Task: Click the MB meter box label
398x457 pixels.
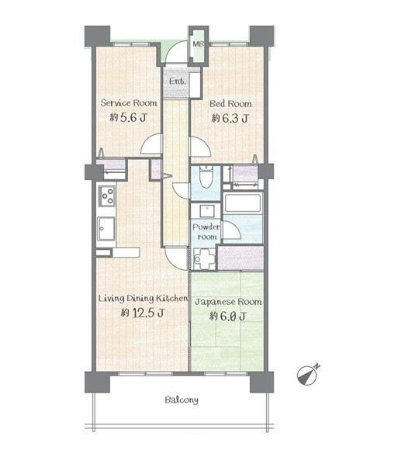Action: click(x=199, y=44)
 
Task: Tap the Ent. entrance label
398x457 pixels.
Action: click(x=178, y=81)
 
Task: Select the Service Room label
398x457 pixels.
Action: click(x=129, y=103)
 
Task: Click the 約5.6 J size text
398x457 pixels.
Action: click(x=128, y=117)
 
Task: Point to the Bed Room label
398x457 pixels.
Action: click(x=230, y=104)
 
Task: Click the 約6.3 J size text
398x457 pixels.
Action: click(x=230, y=119)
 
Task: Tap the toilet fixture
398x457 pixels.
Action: click(x=206, y=177)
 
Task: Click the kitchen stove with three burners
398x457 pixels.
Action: click(x=107, y=196)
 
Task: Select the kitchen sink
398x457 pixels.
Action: click(x=106, y=228)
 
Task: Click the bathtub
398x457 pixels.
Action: click(x=243, y=203)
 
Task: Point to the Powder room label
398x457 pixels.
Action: click(x=206, y=232)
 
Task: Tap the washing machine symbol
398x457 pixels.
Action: click(x=205, y=258)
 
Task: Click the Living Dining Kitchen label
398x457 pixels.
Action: click(x=143, y=299)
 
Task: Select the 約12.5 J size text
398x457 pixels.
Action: click(x=143, y=313)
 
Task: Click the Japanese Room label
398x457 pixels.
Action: click(x=228, y=302)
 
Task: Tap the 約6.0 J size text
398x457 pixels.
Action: click(x=228, y=316)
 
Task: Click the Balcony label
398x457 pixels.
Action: click(x=182, y=400)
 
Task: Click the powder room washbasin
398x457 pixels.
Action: click(x=207, y=211)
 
